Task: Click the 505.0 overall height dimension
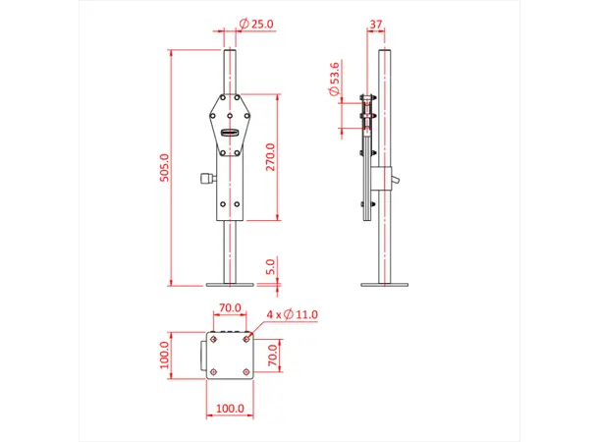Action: coord(165,167)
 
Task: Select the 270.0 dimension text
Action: coord(271,157)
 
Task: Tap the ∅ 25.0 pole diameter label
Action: coord(256,24)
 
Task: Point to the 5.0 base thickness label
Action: coord(271,266)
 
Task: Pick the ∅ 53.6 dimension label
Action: coord(336,79)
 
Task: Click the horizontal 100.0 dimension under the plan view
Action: coord(229,408)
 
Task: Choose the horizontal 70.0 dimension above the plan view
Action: coord(230,307)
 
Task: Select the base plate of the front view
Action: coord(230,285)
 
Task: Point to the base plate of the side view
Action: coord(384,285)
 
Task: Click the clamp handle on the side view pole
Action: coord(394,178)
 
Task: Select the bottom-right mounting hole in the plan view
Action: coord(246,371)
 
